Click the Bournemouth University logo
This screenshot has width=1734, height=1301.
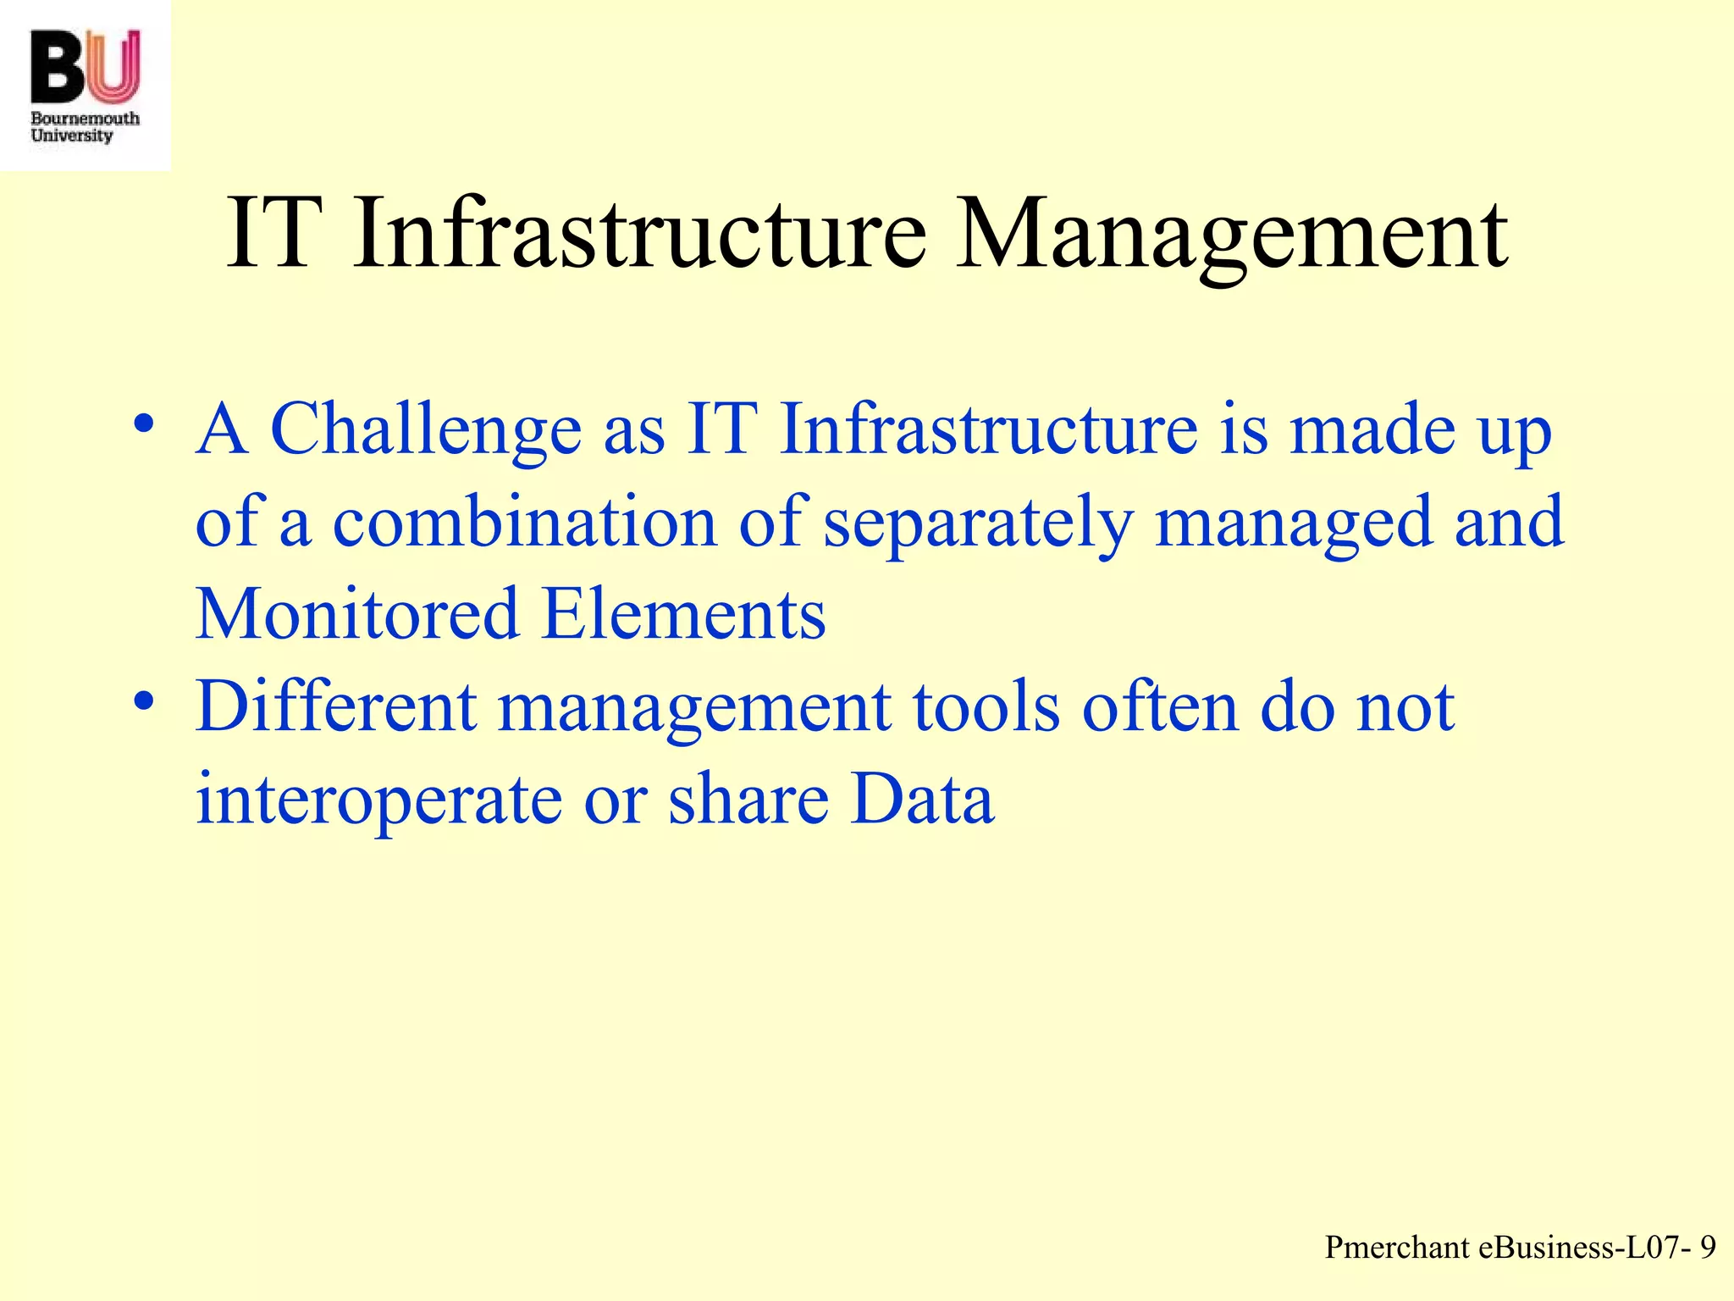pos(85,85)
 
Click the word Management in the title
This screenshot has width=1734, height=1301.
pos(1232,234)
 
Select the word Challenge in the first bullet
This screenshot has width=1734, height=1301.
pos(426,429)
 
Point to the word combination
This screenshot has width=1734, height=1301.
pos(524,523)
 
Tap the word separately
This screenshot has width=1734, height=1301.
pos(978,523)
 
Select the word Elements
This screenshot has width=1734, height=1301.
pos(684,613)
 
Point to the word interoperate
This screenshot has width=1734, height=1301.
pos(378,800)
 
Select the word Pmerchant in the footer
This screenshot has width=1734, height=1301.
pos(1397,1248)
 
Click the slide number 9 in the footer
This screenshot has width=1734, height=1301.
pos(1708,1248)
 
